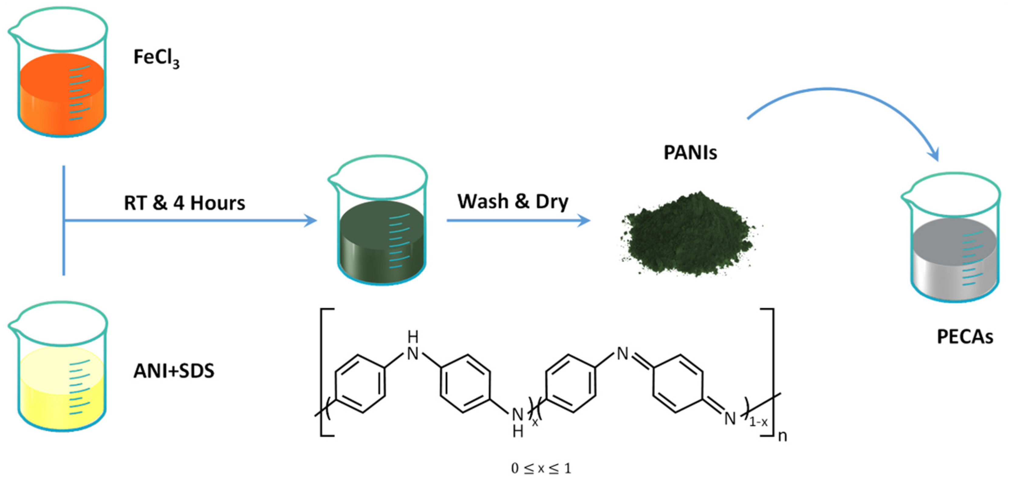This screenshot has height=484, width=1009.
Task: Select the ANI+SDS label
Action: point(174,371)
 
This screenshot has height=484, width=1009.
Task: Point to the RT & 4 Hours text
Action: point(184,203)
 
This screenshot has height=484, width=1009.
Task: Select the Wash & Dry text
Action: point(513,202)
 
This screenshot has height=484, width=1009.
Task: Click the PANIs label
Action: point(690,152)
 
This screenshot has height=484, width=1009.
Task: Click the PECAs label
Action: point(965,337)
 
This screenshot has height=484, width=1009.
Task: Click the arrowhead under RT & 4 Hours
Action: point(311,221)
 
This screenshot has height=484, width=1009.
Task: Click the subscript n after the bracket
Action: point(782,436)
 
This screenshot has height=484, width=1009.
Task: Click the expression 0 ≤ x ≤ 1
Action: point(541,468)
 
